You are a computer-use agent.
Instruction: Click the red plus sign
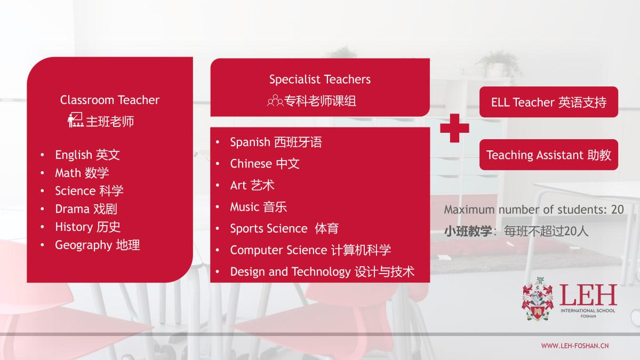point(454,128)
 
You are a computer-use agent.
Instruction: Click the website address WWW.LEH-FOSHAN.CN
point(575,346)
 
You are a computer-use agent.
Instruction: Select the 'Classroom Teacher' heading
point(110,100)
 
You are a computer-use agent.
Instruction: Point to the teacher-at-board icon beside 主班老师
point(76,119)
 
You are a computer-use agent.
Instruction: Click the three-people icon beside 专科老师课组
point(275,101)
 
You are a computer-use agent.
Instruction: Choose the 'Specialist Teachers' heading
point(319,79)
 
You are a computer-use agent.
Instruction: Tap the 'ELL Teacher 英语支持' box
point(549,102)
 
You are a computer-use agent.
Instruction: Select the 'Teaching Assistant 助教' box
point(549,155)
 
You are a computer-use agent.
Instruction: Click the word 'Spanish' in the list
point(250,142)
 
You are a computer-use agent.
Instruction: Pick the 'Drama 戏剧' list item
point(86,209)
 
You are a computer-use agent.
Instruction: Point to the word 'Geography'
point(83,245)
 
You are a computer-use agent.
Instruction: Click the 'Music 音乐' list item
point(258,207)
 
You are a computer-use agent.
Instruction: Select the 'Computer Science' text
point(278,250)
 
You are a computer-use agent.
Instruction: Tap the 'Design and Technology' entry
point(290,271)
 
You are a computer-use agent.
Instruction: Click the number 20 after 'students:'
point(618,210)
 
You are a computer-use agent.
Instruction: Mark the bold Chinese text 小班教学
point(468,231)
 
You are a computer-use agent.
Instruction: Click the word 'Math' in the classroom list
point(68,173)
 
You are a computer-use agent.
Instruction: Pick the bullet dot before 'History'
point(42,227)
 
